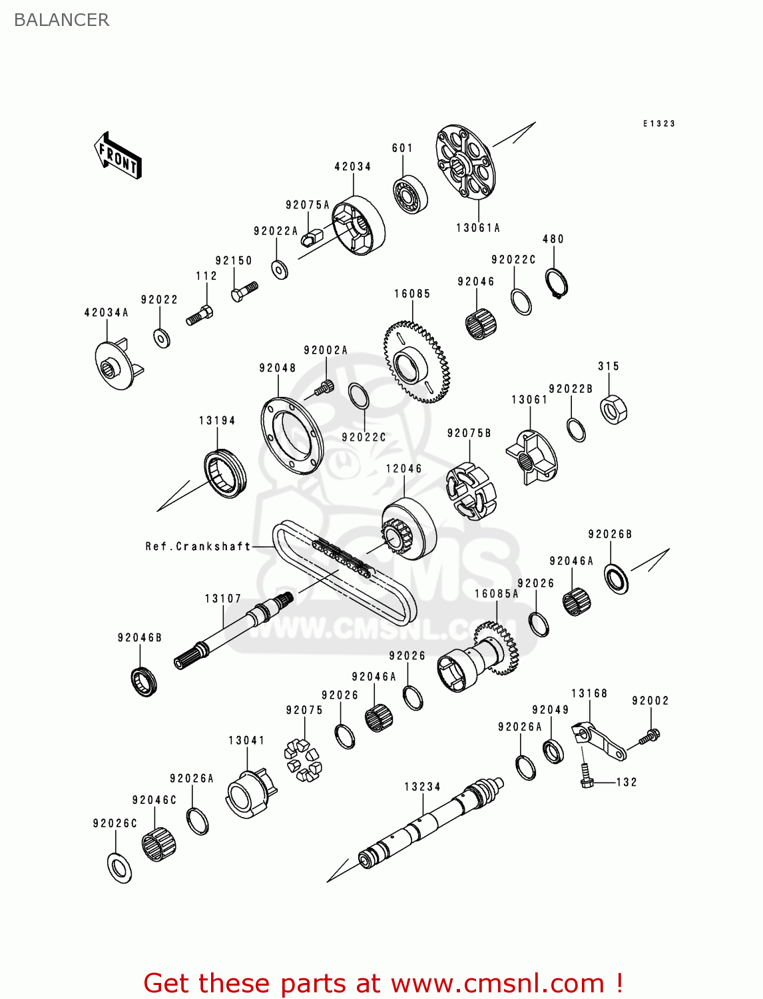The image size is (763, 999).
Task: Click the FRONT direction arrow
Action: point(119,156)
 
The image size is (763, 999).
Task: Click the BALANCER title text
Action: point(61,20)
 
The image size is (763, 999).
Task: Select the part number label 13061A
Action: point(477,228)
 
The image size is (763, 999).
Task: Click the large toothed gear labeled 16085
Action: point(417,362)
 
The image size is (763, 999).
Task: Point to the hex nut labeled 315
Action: point(614,409)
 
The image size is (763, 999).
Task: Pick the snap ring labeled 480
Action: point(557,282)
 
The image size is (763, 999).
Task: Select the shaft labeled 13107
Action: point(233,630)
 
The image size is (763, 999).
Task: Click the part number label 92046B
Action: point(140,637)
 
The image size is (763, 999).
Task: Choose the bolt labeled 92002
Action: point(649,737)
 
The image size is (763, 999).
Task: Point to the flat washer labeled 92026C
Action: point(119,867)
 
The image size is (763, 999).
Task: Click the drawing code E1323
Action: point(659,123)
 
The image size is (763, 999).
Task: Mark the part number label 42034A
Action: point(107,312)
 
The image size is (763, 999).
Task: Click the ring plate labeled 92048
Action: point(292,436)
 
